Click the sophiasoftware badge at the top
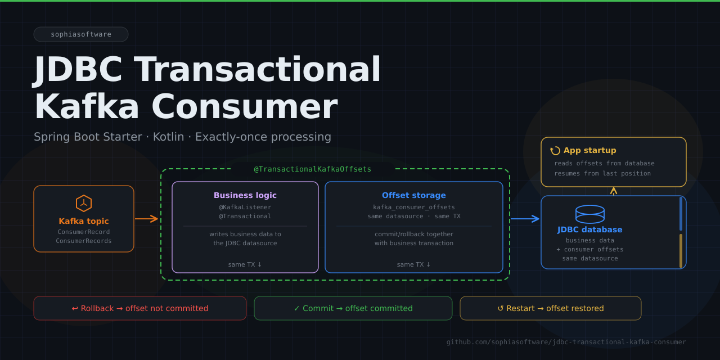(81, 34)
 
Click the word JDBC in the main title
(79, 70)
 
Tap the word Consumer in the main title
(244, 107)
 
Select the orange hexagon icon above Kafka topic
(84, 203)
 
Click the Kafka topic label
(84, 221)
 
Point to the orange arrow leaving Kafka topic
(147, 219)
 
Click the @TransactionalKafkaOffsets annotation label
(313, 169)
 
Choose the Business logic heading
(245, 195)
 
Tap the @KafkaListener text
(245, 207)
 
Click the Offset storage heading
(414, 195)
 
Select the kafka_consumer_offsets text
(414, 207)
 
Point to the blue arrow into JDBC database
(525, 219)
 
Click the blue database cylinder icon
(590, 214)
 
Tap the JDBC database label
(590, 229)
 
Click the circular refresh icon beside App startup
(555, 150)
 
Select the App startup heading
(590, 150)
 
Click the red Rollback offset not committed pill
(140, 308)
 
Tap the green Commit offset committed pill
(353, 308)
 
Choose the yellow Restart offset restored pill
(551, 308)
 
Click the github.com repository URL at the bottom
(566, 342)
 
